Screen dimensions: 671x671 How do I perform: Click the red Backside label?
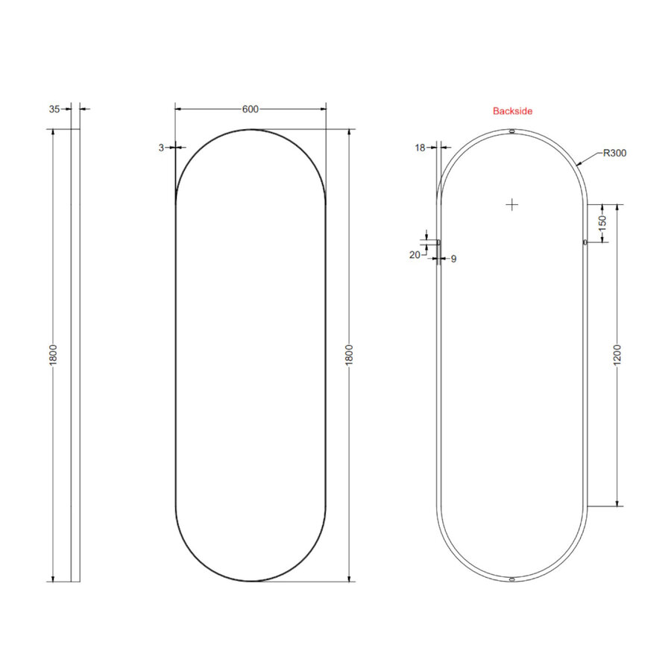click(x=512, y=111)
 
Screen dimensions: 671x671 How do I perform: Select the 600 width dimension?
click(x=251, y=109)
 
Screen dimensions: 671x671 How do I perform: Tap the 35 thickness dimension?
click(x=54, y=109)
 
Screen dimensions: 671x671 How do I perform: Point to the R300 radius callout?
click(x=614, y=153)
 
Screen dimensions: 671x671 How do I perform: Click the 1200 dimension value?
click(x=617, y=355)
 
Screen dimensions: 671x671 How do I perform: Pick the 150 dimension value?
click(x=602, y=223)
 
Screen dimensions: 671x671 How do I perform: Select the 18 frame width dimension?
click(x=420, y=148)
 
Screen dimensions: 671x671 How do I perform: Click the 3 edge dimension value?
click(x=161, y=148)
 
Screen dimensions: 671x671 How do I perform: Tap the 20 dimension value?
click(x=415, y=255)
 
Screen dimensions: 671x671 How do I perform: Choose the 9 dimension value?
click(x=453, y=259)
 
